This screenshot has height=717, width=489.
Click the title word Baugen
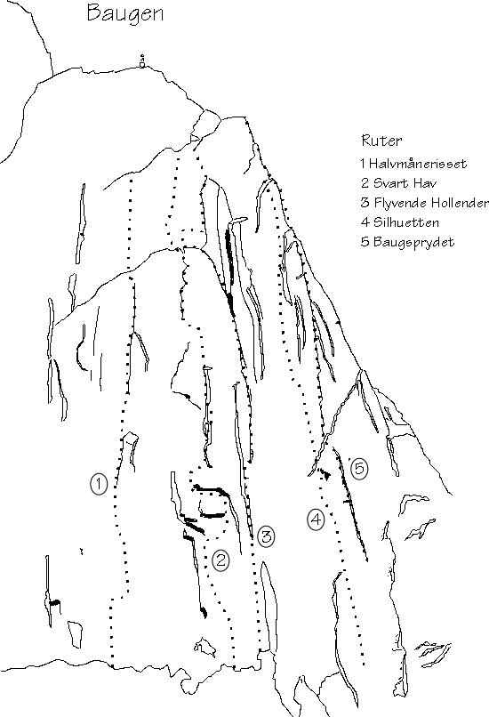pyautogui.click(x=125, y=13)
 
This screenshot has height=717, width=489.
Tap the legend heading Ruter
pyautogui.click(x=381, y=141)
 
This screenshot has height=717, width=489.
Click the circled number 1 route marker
pyautogui.click(x=99, y=484)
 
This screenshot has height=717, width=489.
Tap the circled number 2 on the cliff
pyautogui.click(x=220, y=560)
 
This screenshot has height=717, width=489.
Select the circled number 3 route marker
pyautogui.click(x=266, y=536)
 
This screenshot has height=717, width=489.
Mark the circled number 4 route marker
pyautogui.click(x=316, y=520)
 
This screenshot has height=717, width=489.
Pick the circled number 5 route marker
pyautogui.click(x=359, y=468)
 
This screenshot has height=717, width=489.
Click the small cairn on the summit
pyautogui.click(x=142, y=61)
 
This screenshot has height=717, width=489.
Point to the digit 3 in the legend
pyautogui.click(x=365, y=203)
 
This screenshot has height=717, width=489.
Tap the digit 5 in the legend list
pyautogui.click(x=365, y=242)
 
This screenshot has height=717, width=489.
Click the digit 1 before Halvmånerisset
pyautogui.click(x=363, y=164)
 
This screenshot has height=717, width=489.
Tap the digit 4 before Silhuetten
pyautogui.click(x=365, y=222)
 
